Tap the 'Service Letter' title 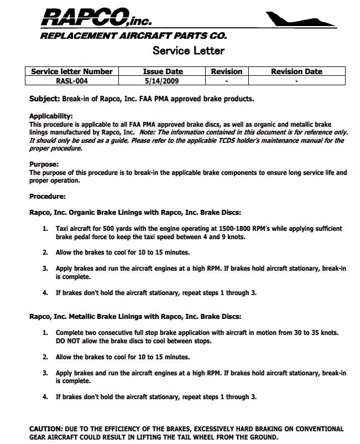(x=189, y=51)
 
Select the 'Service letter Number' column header (x=72, y=71)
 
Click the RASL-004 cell (x=72, y=80)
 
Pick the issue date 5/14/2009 (x=163, y=80)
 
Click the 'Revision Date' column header (x=296, y=71)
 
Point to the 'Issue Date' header (x=163, y=71)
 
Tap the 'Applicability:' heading (x=51, y=116)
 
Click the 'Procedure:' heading (x=48, y=196)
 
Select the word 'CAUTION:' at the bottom (x=46, y=429)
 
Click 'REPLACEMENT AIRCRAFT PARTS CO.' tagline (x=133, y=36)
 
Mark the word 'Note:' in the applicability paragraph (x=148, y=133)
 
